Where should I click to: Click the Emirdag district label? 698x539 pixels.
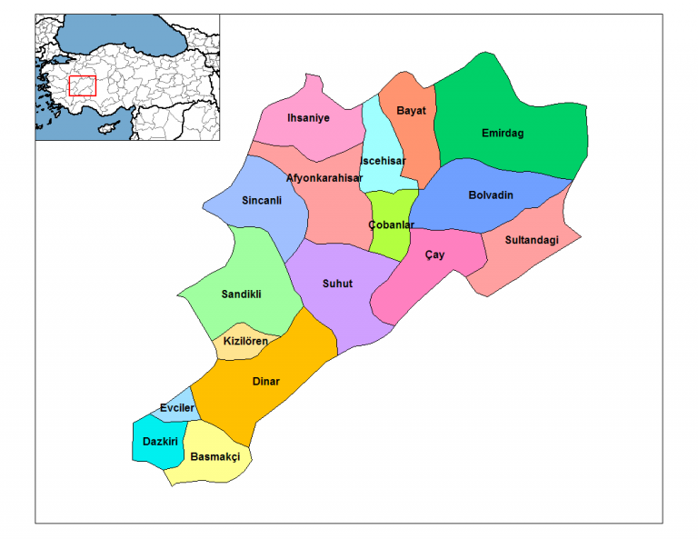coord(503,134)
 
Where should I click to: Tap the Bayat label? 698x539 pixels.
coord(411,110)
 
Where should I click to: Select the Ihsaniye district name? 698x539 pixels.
coord(308,118)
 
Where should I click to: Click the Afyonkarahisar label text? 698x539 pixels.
coord(324,178)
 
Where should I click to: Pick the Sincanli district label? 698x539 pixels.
coord(261,200)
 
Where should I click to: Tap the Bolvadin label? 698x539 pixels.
coord(491,195)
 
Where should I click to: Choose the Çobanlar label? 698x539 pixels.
coord(392,225)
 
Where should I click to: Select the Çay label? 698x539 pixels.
coord(435,255)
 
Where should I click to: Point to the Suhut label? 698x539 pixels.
coord(337,284)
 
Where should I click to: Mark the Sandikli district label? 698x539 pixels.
coord(242,294)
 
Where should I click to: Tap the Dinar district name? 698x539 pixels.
coord(265,382)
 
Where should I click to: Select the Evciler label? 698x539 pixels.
coord(177,408)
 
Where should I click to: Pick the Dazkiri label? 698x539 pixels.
coord(160,441)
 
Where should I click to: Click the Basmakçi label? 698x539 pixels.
coord(215,457)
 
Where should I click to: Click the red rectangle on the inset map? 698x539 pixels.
coord(82,85)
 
